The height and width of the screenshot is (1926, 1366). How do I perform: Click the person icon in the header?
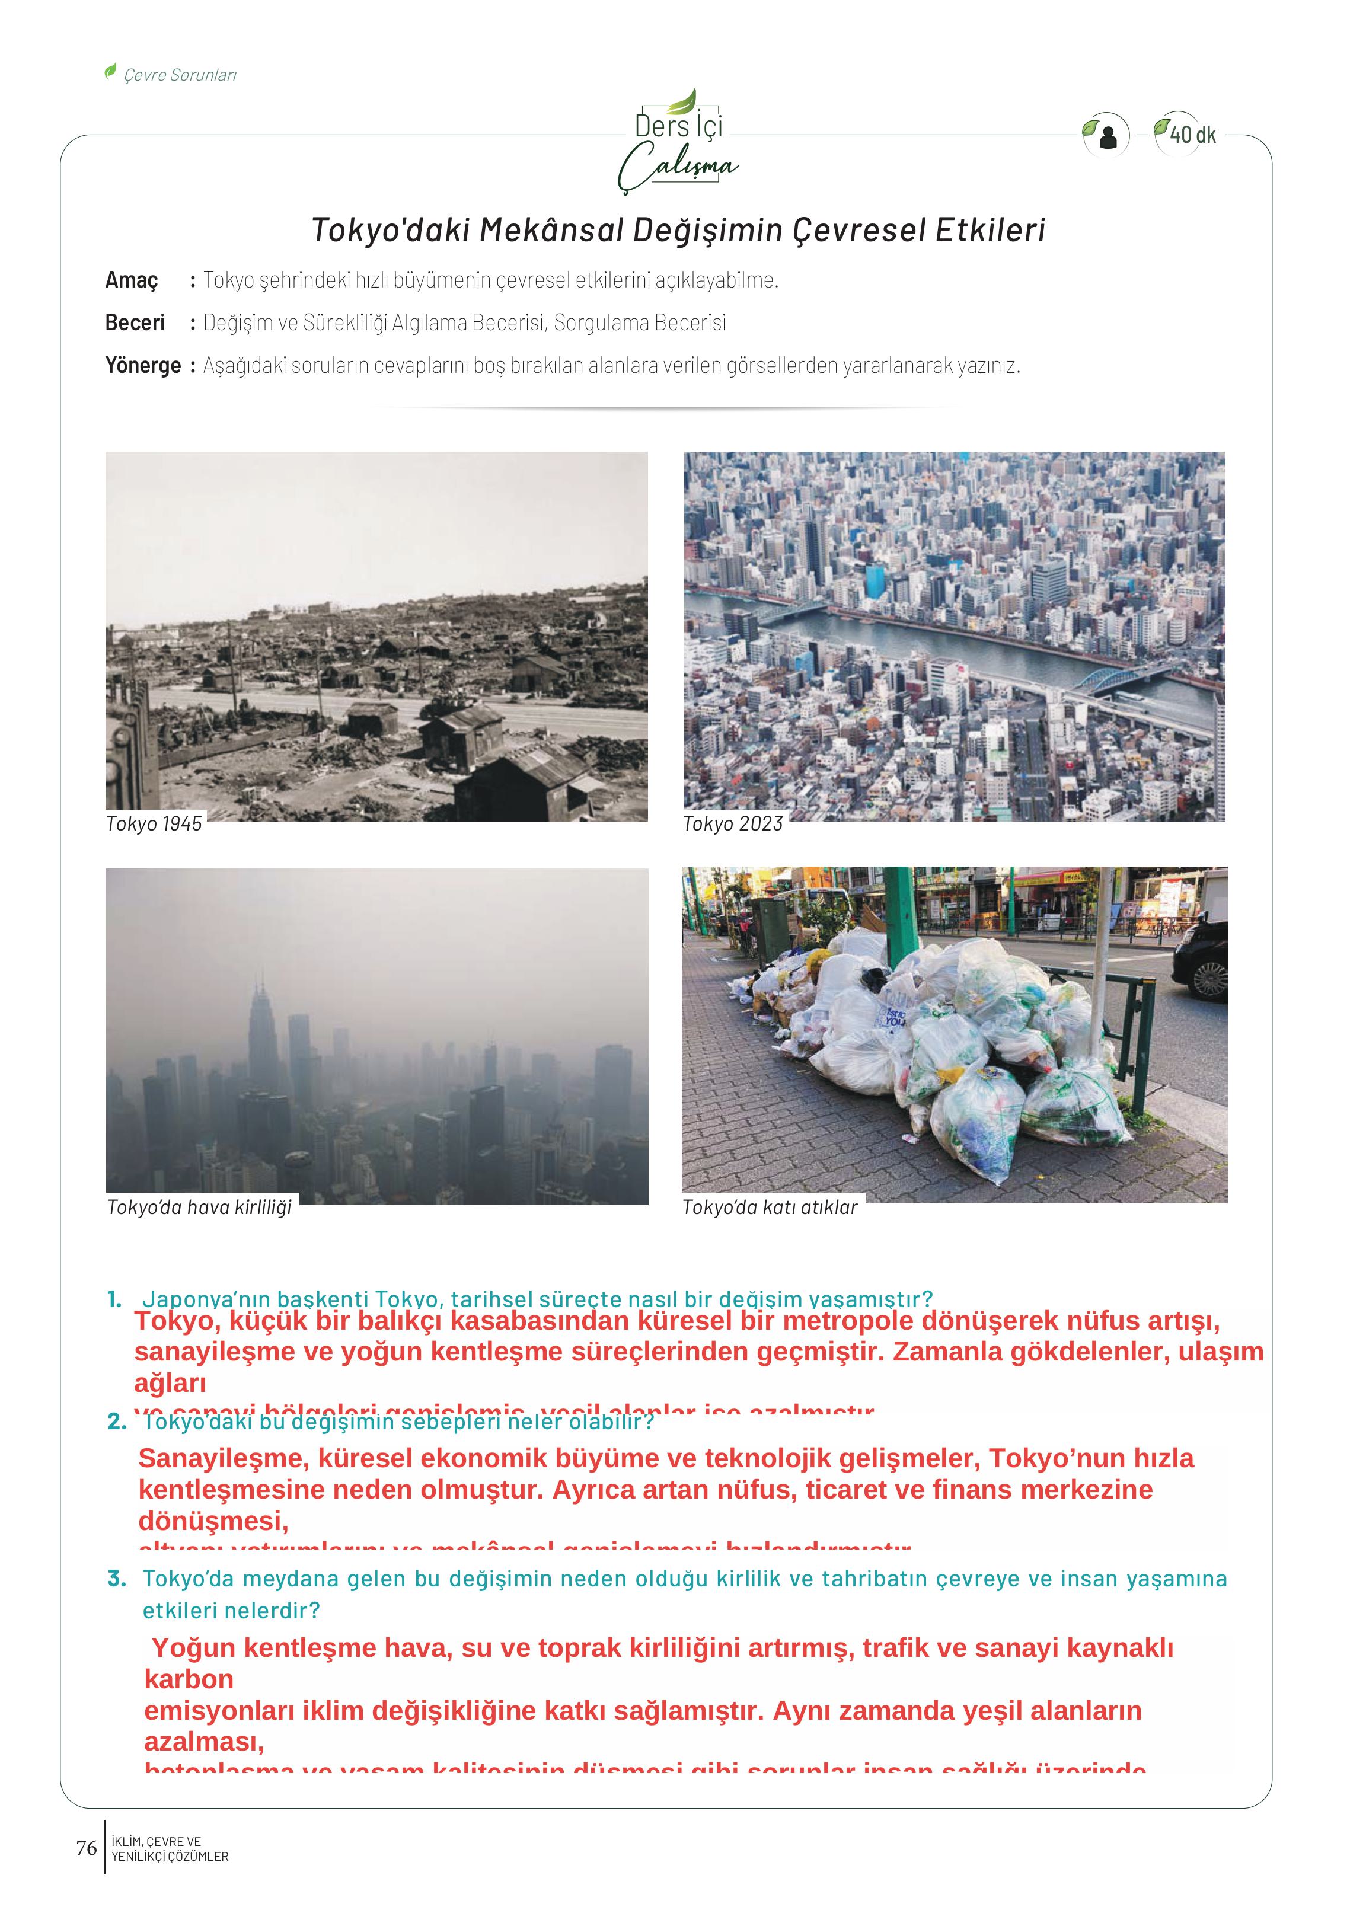[x=1109, y=136]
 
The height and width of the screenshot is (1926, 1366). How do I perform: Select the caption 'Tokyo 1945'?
[x=154, y=824]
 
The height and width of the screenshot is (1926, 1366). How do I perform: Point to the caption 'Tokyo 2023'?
[x=733, y=824]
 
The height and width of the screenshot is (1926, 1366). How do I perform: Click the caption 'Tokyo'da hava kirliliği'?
[x=199, y=1208]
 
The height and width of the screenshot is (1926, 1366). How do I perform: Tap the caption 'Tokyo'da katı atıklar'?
[x=770, y=1208]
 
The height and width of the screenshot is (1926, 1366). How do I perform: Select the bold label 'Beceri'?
[x=135, y=323]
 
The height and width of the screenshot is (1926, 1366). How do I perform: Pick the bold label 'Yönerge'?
[x=143, y=366]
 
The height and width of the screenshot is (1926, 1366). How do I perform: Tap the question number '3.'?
[x=117, y=1579]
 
